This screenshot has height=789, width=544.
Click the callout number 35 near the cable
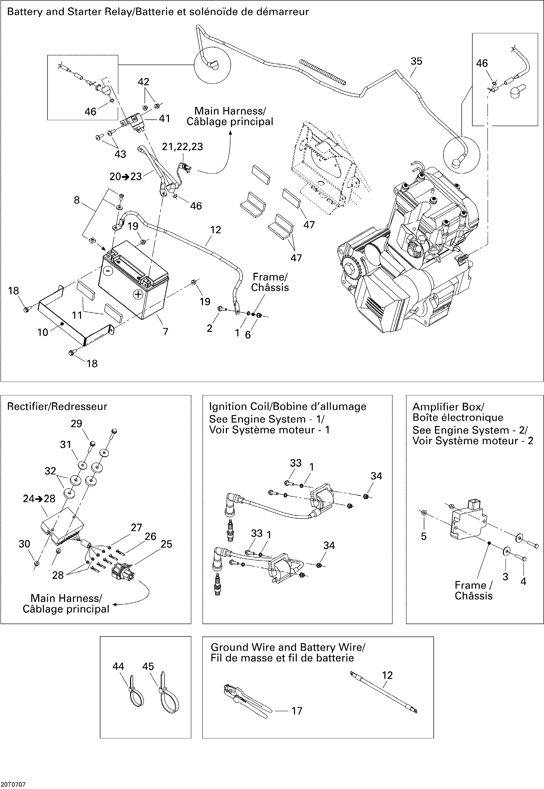pos(416,61)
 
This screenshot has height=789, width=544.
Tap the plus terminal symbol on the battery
pos(138,294)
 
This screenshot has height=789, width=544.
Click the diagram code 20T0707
pos(13,785)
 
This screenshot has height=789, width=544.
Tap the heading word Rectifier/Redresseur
pos(57,406)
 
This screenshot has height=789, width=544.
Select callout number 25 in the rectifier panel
pos(166,544)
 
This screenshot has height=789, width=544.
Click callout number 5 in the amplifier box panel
pos(424,536)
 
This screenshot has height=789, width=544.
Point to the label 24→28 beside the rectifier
pos(39,499)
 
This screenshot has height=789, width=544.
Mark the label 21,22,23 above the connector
pos(182,147)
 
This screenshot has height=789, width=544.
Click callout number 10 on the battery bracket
pos(43,332)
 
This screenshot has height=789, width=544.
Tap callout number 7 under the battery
pos(165,331)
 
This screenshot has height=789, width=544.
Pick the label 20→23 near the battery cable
pos(126,177)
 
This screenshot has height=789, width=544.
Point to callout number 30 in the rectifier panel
pos(24,544)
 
